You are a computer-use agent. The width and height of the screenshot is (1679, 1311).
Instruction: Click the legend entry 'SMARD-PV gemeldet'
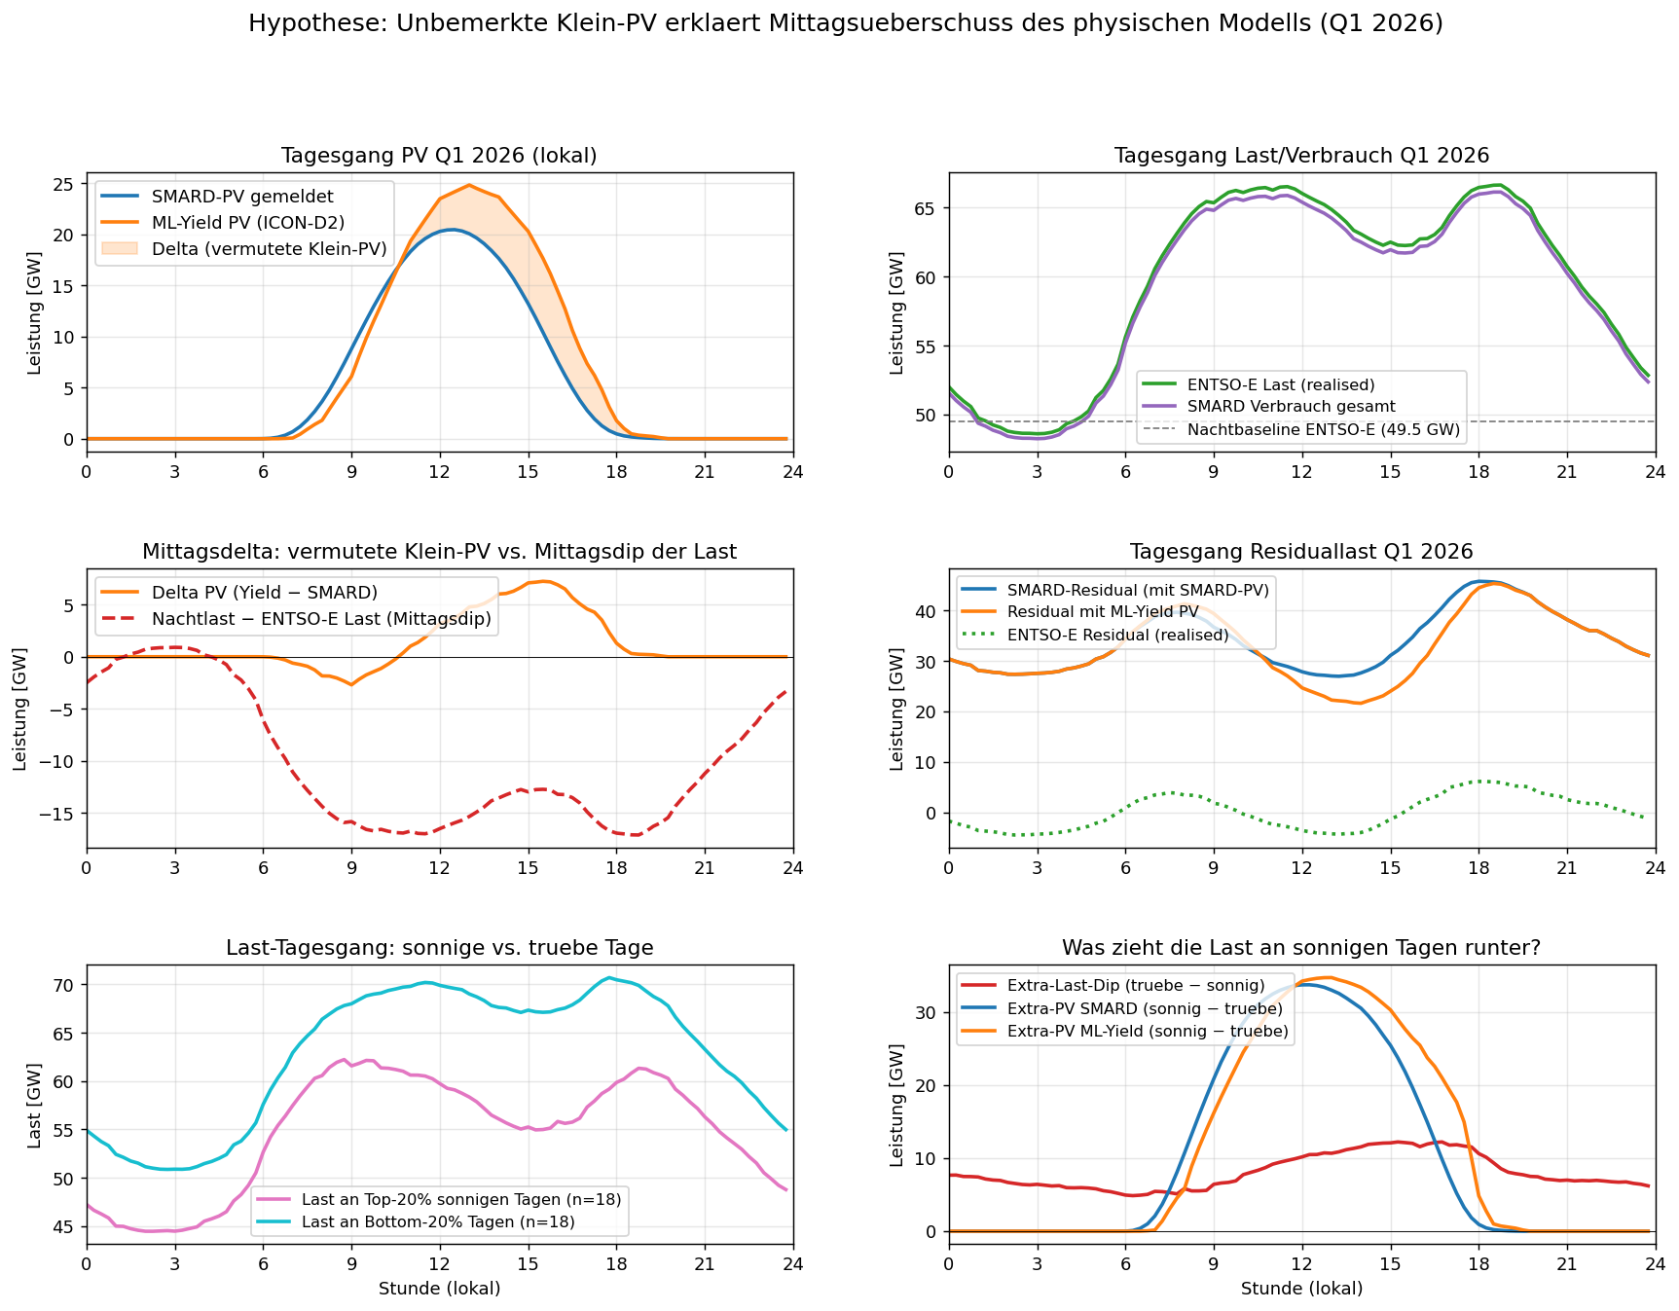tap(241, 198)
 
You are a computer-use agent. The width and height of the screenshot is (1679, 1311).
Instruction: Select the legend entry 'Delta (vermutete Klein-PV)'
tap(269, 249)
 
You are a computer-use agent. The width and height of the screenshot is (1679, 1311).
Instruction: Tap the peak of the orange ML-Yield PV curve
tap(469, 185)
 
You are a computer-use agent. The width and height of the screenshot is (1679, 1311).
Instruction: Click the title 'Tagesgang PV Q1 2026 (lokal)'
tap(439, 156)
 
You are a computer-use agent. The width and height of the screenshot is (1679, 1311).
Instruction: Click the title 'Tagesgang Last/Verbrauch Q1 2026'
tap(1301, 156)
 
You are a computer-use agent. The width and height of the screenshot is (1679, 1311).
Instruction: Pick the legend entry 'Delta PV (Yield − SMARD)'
tap(264, 593)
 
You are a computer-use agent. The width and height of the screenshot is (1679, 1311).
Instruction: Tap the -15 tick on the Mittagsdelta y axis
tap(60, 814)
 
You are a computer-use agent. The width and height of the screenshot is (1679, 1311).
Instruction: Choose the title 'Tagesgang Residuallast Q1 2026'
tap(1301, 552)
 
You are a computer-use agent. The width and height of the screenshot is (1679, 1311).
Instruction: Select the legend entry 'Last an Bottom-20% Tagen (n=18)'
tap(438, 1221)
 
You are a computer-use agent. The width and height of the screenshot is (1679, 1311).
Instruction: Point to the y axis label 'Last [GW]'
tap(34, 1105)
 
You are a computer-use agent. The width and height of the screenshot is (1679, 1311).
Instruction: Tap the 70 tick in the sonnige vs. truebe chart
tap(66, 985)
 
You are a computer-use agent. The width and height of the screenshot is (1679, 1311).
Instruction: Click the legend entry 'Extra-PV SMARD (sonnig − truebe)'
tap(1145, 1008)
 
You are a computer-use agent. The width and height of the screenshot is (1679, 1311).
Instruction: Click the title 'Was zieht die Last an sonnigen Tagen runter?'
tap(1301, 948)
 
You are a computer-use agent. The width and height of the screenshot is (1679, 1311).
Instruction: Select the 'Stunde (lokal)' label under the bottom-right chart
tap(1301, 1289)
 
